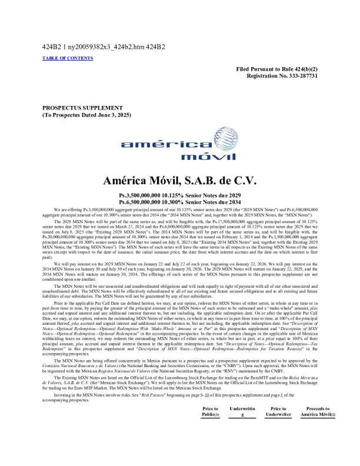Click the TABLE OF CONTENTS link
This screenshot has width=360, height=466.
point(68,58)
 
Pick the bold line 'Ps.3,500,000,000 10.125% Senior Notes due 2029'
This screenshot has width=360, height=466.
point(179,195)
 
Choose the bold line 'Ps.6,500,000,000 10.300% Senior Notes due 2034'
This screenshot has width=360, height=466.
point(179,202)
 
